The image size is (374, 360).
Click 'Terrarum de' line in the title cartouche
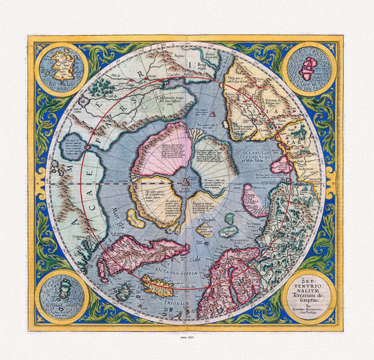(x=308, y=291)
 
